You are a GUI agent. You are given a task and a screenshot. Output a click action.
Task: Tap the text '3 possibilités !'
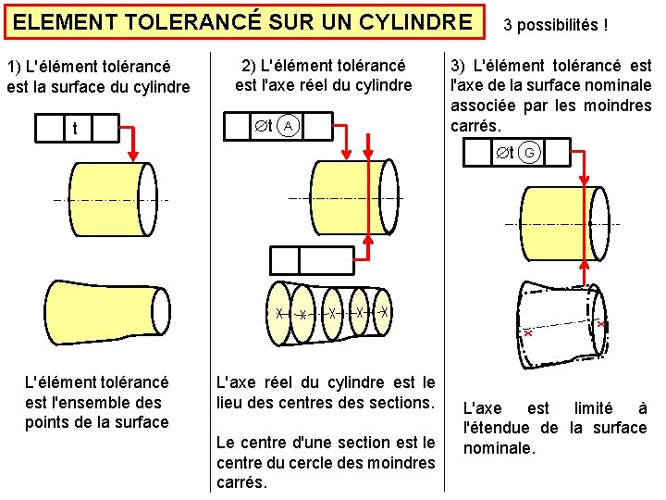click(555, 24)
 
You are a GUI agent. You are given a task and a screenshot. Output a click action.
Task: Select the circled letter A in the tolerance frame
click(289, 125)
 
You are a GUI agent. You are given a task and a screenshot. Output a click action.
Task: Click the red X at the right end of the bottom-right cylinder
click(600, 325)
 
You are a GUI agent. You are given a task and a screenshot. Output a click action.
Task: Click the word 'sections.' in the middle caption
click(401, 403)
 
